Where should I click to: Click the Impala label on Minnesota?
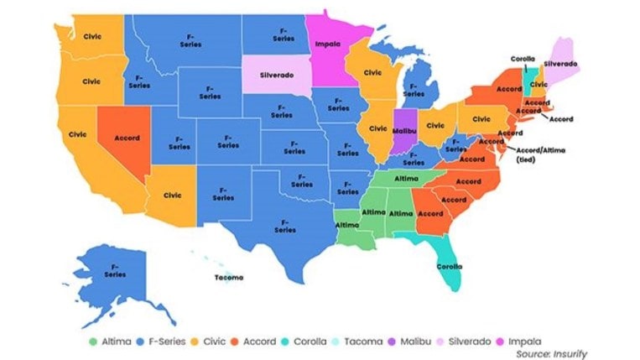click(328, 43)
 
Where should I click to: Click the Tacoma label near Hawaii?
click(228, 276)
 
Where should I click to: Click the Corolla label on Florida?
click(449, 267)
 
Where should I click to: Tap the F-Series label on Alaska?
click(114, 269)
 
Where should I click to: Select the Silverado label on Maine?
click(559, 63)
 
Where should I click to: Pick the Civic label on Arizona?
click(172, 195)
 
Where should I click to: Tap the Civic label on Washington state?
click(92, 36)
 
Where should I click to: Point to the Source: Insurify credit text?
click(551, 353)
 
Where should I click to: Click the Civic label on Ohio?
click(435, 126)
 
